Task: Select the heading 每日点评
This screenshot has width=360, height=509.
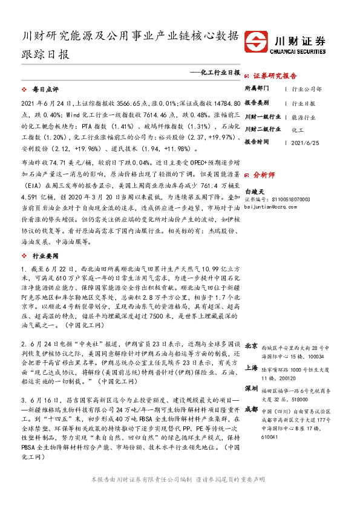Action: (x=44, y=89)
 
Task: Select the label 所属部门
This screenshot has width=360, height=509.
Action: (x=257, y=88)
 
